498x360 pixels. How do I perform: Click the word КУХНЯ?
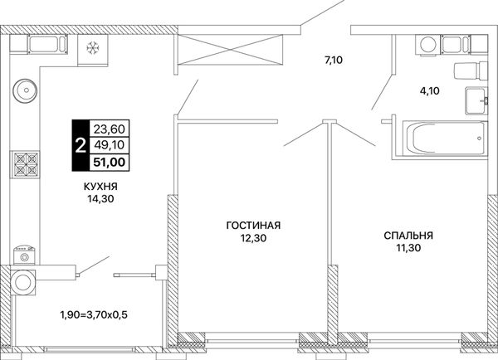pos(100,187)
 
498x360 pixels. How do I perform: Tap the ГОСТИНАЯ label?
pos(253,226)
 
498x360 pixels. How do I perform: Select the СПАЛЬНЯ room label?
pos(408,236)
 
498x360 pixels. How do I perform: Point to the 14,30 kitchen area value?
pos(101,199)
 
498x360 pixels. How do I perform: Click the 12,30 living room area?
pos(253,238)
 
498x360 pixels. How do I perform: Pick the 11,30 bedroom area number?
pos(408,248)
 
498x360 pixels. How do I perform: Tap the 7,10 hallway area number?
pos(334,60)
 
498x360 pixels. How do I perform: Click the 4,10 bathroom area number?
pos(429,91)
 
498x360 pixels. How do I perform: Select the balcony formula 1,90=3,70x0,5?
pos(94,315)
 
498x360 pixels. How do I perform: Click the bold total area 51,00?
pos(109,163)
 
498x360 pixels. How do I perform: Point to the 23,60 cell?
pos(110,129)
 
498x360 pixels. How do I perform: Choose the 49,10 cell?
pos(110,145)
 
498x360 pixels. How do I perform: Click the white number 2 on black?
pos(81,145)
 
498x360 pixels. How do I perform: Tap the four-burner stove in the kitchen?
pos(27,164)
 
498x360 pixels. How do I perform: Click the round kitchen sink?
pos(25,90)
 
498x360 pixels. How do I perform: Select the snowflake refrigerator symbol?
pos(93,48)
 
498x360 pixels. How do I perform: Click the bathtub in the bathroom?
pos(445,138)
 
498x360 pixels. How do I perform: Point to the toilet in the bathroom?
pos(471,71)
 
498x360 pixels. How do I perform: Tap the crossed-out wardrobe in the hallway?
pos(230,50)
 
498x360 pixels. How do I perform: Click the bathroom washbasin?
pos(476,100)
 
